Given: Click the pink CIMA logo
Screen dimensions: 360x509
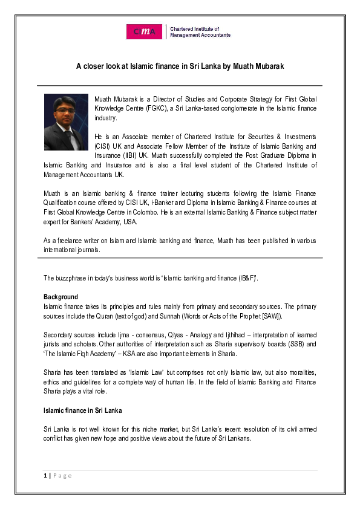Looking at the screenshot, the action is [144, 32].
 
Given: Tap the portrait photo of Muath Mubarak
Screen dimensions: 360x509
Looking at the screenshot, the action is [66, 122].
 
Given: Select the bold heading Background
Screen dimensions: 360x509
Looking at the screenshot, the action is [61, 297].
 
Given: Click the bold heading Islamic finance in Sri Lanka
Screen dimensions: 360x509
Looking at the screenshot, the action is [82, 410].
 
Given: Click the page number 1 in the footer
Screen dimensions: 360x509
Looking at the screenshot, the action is [45, 476].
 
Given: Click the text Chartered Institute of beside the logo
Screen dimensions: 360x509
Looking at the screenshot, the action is [194, 28].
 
